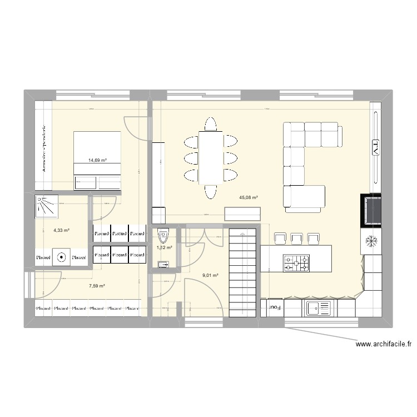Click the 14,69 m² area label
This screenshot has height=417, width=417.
pos(97,160)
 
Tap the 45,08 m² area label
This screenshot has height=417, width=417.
pos(247,197)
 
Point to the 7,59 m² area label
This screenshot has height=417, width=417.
pos(97,286)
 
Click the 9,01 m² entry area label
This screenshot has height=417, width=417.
pos(210,275)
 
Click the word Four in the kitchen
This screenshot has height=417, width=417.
pos(275,306)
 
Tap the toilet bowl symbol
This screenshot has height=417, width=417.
pos(163,235)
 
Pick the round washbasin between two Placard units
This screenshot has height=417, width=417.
pos(61,257)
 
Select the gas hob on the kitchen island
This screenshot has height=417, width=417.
pos(296,264)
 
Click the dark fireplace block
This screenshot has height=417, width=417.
pos(371,210)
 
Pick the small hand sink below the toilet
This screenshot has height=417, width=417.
pos(163,264)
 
